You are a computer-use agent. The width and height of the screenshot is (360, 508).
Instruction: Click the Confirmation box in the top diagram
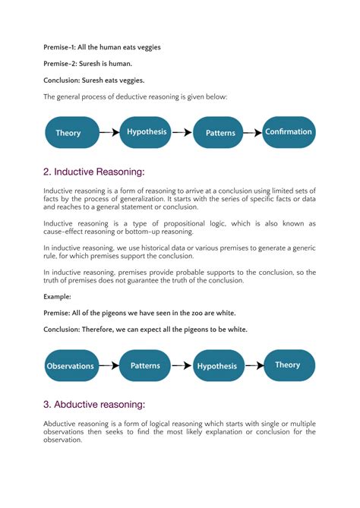(288, 132)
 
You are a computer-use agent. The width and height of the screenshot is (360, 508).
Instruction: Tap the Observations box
(71, 365)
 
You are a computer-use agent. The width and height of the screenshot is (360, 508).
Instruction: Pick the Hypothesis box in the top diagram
(147, 132)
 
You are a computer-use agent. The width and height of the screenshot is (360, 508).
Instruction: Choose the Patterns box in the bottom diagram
(145, 365)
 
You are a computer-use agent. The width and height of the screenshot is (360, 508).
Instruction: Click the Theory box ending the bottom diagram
(288, 365)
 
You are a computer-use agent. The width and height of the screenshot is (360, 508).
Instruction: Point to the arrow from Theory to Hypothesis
(109, 133)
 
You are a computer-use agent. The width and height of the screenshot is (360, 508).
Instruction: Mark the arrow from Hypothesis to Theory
(252, 365)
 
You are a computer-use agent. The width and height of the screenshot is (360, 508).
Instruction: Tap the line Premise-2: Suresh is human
(88, 65)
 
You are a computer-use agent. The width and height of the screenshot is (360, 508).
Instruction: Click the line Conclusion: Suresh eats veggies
(93, 80)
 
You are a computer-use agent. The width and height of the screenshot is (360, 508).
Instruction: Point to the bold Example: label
(57, 297)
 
